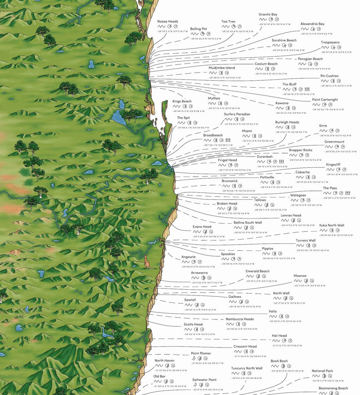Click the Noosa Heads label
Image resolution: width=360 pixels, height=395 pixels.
tap(168, 22)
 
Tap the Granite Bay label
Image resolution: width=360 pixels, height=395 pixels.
tap(268, 14)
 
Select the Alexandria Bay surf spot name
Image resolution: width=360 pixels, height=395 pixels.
tap(312, 24)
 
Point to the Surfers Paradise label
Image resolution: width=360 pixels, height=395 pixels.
tap(237, 114)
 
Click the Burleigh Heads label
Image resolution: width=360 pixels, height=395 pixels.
tap(287, 122)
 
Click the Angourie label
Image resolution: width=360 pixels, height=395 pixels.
tap(188, 257)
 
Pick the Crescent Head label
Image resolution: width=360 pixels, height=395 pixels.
tap(245, 346)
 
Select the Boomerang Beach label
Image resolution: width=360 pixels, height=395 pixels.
tap(333, 388)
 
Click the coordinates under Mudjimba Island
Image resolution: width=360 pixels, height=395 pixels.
tap(225, 78)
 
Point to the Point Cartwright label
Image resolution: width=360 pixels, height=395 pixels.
tap(325, 100)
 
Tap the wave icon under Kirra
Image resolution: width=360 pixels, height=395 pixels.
tap(323, 131)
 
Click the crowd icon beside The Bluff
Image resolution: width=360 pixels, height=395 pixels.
tap(307, 89)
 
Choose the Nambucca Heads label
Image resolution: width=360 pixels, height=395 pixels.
tap(239, 319)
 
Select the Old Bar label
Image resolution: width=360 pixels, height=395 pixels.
tap(159, 376)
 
